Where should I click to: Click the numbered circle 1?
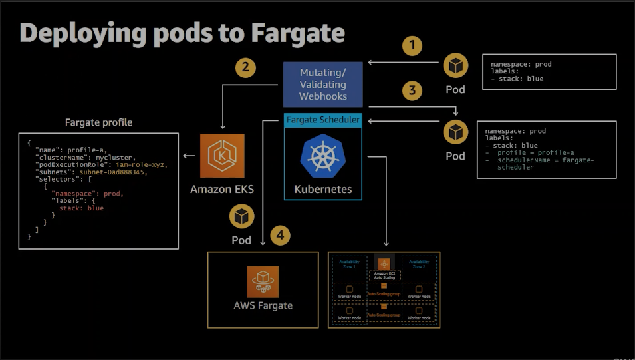(413, 45)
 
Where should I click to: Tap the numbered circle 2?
(246, 67)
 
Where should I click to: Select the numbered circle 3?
(413, 90)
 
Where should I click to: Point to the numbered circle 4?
(282, 235)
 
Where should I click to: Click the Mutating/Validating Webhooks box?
(323, 85)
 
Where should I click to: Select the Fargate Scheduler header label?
(322, 120)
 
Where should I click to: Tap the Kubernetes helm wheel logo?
(322, 156)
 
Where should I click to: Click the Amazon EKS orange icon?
(222, 156)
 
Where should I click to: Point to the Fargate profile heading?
(98, 122)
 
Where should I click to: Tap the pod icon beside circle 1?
(455, 66)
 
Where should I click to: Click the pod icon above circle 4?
(241, 216)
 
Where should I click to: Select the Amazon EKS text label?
(222, 189)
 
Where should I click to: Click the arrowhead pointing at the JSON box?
(186, 156)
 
